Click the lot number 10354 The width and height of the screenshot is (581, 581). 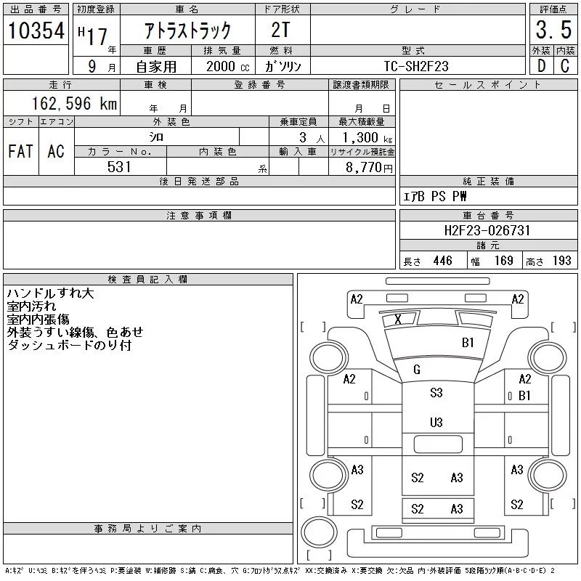(x=36, y=31)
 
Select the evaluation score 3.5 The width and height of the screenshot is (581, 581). (x=552, y=31)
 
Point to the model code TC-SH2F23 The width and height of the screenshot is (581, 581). (x=416, y=66)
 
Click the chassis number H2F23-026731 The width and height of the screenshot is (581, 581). (x=487, y=230)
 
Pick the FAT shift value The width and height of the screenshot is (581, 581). (x=20, y=152)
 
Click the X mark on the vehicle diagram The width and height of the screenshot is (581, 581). (x=397, y=320)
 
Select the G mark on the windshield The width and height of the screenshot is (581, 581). (x=417, y=370)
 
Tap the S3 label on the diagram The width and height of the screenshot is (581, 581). (x=436, y=393)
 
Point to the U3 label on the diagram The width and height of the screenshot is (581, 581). (x=436, y=422)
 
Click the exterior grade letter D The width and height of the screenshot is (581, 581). (x=540, y=66)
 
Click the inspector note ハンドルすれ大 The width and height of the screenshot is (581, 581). (x=50, y=293)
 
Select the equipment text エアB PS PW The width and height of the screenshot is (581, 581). (x=435, y=196)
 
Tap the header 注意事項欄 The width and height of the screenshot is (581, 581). (x=199, y=216)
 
